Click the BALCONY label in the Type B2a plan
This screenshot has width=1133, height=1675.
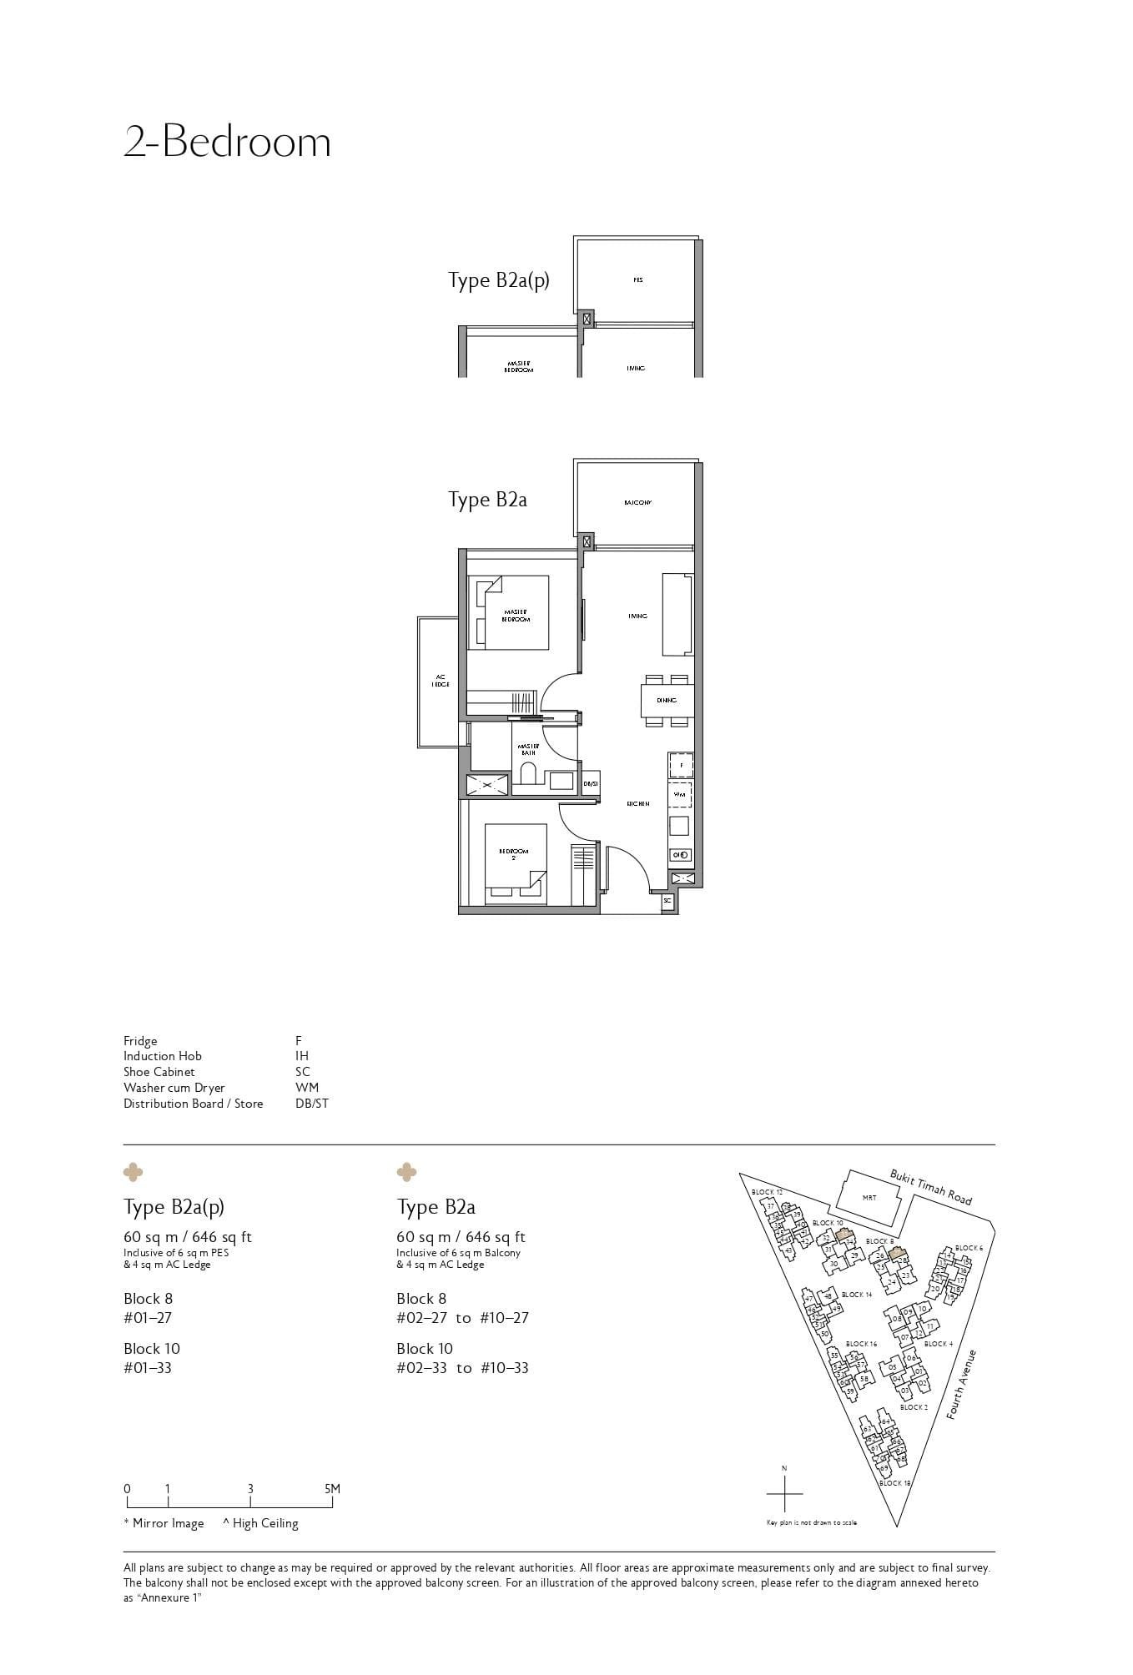637,503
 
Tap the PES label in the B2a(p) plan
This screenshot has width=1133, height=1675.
637,280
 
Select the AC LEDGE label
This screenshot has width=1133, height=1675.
440,680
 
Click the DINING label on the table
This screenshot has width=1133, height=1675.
666,701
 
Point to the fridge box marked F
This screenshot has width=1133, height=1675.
681,764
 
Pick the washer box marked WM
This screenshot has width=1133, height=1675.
680,795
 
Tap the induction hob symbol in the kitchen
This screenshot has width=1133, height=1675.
680,855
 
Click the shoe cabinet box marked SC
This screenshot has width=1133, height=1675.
667,901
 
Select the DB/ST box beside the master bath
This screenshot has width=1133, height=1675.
591,784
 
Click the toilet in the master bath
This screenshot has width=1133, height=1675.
528,775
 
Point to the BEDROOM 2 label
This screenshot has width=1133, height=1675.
514,853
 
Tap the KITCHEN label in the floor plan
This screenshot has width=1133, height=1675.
638,804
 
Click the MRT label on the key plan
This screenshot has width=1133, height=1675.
869,1198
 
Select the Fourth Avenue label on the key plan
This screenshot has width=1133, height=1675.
961,1384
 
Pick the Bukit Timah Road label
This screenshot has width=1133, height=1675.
930,1186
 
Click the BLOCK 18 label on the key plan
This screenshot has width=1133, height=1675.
894,1483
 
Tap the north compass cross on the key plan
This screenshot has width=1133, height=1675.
784,1493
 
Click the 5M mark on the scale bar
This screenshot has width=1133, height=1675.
332,1489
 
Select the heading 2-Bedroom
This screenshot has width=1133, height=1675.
227,142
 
